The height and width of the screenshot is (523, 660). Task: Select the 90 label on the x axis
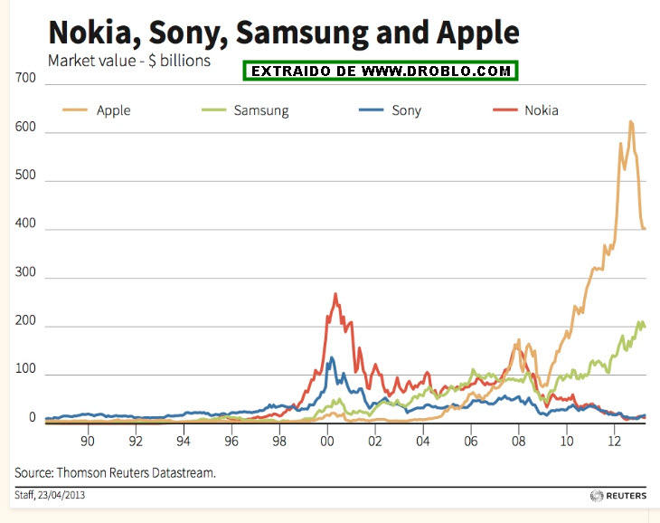pos(87,442)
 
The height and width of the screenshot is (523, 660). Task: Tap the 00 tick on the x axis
pos(327,442)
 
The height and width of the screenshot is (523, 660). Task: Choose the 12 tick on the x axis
pos(616,442)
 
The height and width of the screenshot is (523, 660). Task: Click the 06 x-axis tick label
pos(471,442)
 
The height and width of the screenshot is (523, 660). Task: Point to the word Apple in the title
pos(477,33)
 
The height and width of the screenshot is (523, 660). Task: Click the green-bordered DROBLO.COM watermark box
pos(381,70)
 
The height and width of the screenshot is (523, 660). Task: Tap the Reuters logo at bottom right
pos(618,495)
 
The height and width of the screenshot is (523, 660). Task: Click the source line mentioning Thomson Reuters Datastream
pos(115,472)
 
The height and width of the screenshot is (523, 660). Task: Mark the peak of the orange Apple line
pos(630,121)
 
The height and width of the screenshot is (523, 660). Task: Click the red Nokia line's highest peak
pos(335,294)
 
